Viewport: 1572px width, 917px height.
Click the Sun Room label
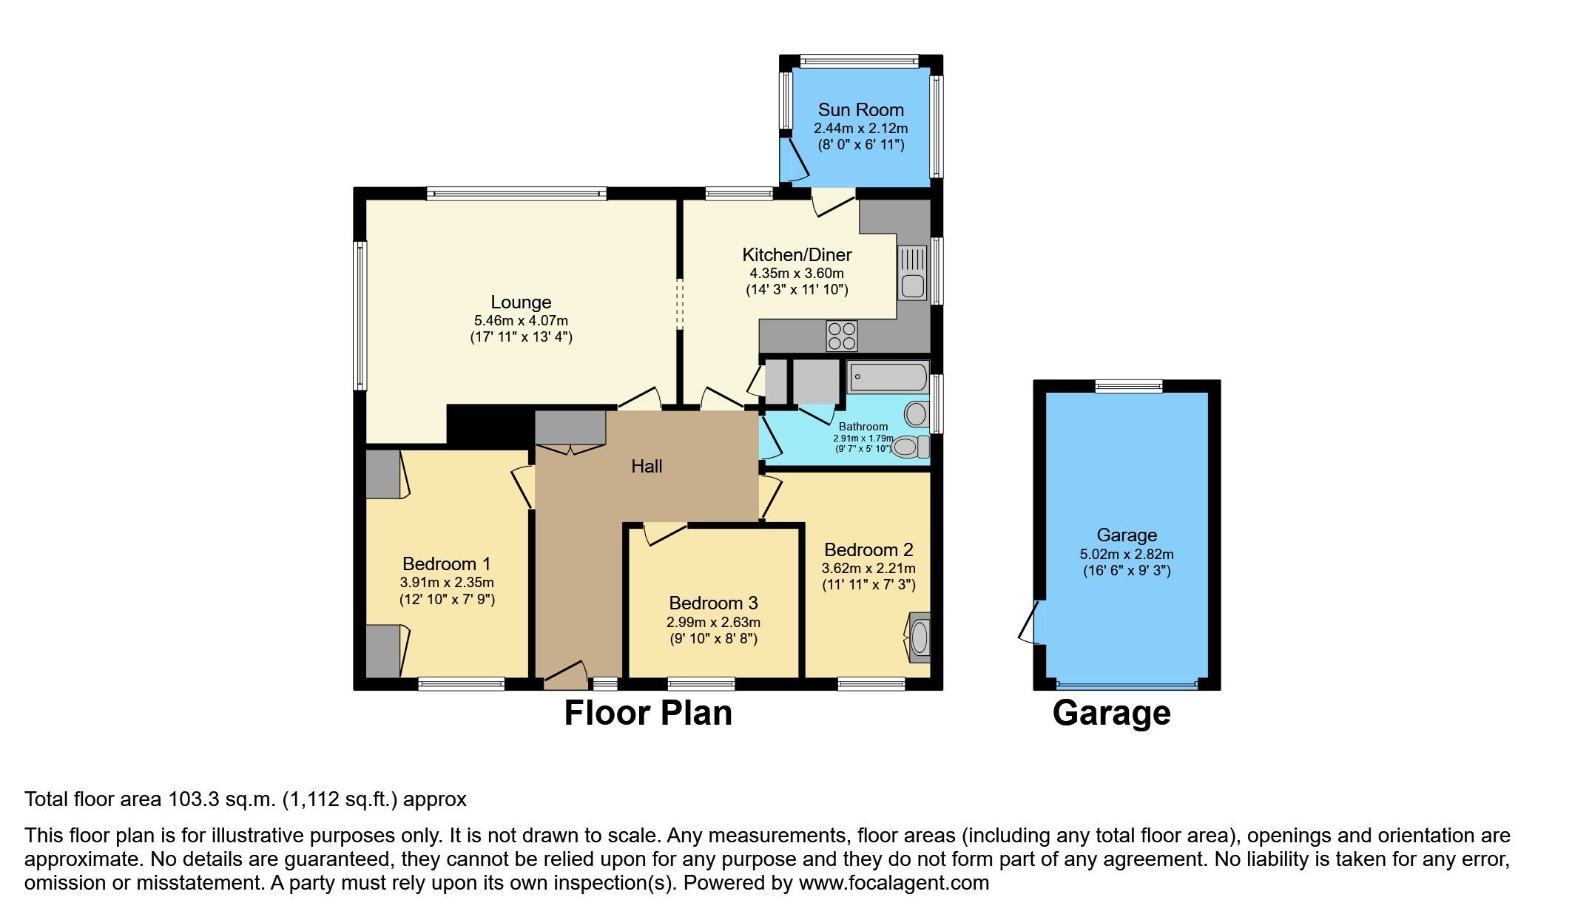pyautogui.click(x=860, y=110)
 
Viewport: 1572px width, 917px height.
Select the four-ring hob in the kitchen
pyautogui.click(x=842, y=336)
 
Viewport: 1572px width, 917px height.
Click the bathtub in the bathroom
pyautogui.click(x=887, y=377)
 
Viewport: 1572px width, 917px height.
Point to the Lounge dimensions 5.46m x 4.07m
pyautogui.click(x=521, y=321)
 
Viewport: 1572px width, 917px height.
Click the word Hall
pyautogui.click(x=647, y=467)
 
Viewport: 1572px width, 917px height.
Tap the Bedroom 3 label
pyautogui.click(x=713, y=603)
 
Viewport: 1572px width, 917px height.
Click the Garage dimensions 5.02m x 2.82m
pyautogui.click(x=1126, y=555)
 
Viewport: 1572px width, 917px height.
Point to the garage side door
pyautogui.click(x=1030, y=623)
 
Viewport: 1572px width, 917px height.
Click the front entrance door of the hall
pyautogui.click(x=565, y=675)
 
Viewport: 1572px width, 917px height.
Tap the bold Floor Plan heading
pyautogui.click(x=648, y=714)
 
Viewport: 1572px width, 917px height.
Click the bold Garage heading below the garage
pyautogui.click(x=1111, y=714)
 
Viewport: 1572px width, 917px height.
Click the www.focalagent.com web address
pyautogui.click(x=894, y=883)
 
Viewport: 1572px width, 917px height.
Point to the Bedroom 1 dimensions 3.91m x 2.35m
pyautogui.click(x=447, y=583)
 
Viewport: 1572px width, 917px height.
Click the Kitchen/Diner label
pyautogui.click(x=797, y=255)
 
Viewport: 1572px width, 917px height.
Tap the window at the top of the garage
pyautogui.click(x=1129, y=386)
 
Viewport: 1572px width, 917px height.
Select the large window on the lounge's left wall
pyautogui.click(x=360, y=315)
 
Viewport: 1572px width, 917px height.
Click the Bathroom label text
pyautogui.click(x=863, y=427)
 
